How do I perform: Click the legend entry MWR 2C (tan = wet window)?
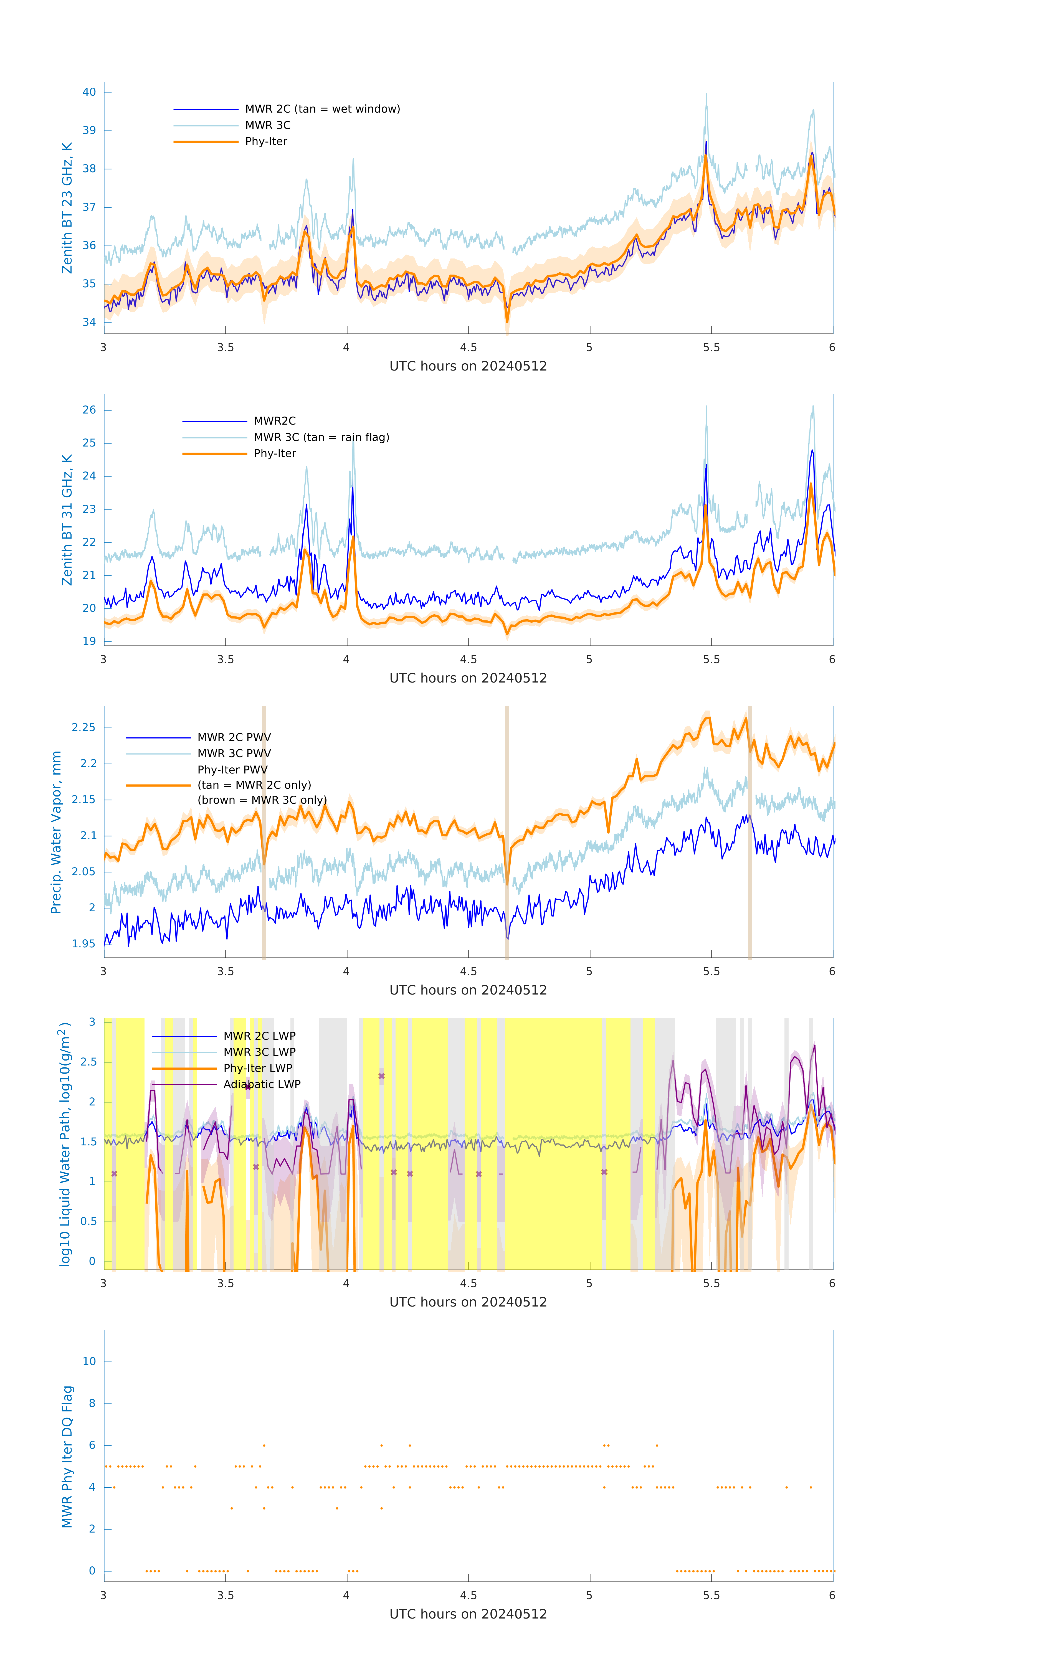click(x=322, y=109)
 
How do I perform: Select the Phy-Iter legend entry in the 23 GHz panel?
click(x=266, y=142)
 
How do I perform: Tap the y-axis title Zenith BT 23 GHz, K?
click(x=67, y=208)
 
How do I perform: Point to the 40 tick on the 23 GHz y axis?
click(x=89, y=92)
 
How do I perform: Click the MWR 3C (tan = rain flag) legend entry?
click(x=321, y=437)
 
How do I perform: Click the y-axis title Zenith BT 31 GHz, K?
click(x=67, y=520)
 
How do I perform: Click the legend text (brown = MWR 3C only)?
click(x=262, y=800)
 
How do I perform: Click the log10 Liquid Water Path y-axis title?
click(x=64, y=1144)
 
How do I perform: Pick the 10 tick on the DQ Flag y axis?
click(x=89, y=1361)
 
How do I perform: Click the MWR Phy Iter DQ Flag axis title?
click(x=67, y=1456)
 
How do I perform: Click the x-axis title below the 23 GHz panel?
click(x=468, y=366)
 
